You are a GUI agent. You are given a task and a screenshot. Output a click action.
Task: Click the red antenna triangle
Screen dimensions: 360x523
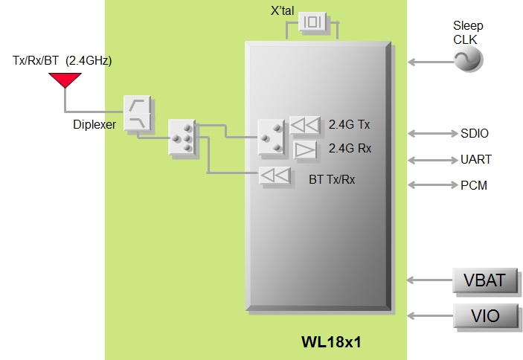pos(65,78)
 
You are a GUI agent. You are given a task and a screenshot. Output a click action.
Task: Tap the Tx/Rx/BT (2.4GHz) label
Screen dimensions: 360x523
pos(62,60)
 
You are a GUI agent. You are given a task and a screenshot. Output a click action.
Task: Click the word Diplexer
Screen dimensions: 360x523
pos(94,125)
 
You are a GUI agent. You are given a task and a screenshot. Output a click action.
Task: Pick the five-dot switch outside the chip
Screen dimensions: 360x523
pos(182,138)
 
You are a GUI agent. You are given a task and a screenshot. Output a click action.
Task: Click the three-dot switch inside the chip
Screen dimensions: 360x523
pos(270,138)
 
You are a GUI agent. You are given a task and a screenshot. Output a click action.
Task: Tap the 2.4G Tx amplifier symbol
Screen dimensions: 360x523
pos(304,124)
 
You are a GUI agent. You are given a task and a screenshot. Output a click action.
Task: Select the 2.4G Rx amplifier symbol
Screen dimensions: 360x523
pos(305,150)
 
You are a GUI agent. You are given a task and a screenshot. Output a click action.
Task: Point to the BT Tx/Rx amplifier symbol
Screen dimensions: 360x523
pos(275,176)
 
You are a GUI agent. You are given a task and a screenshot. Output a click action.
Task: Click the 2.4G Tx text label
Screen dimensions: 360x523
pos(349,125)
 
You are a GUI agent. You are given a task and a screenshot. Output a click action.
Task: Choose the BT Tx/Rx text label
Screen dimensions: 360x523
pos(332,179)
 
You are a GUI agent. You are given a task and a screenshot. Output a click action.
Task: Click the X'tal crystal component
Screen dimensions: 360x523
pos(312,22)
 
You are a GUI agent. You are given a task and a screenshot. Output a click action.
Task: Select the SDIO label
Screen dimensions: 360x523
pos(475,134)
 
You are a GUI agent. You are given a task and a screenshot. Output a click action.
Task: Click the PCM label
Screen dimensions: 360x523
pos(474,185)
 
